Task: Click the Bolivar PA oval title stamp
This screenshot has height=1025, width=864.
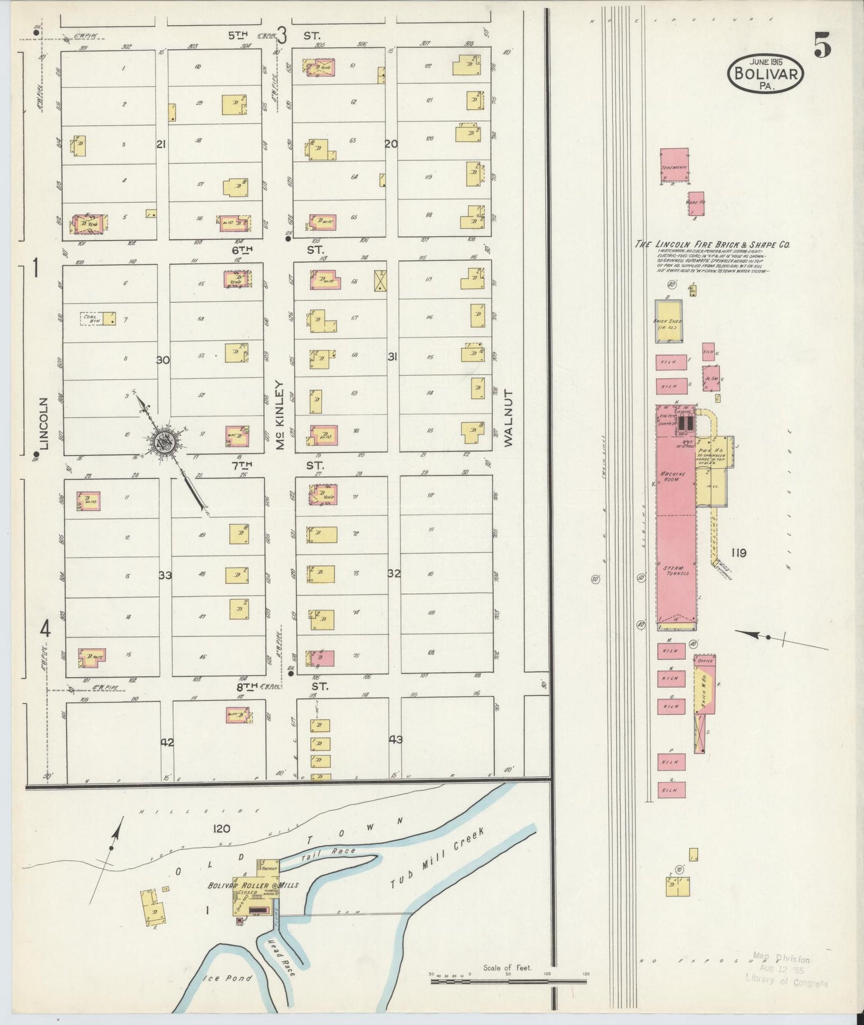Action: click(765, 73)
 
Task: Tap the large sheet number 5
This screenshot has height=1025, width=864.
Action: click(822, 46)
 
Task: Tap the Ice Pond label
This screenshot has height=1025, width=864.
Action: click(229, 978)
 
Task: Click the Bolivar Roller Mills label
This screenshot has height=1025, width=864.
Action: click(253, 885)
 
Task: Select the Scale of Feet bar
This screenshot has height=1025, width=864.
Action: click(508, 981)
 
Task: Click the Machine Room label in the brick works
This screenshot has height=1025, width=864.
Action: click(671, 477)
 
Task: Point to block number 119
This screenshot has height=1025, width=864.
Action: click(738, 553)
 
